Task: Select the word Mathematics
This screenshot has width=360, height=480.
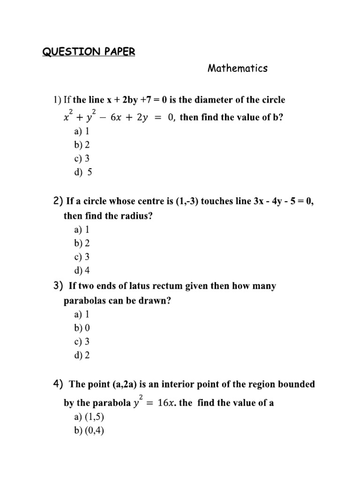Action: [x=238, y=68]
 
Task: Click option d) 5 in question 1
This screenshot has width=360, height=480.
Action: [x=83, y=172]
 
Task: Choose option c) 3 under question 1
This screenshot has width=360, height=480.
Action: [x=82, y=158]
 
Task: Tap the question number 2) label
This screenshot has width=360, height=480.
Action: [x=58, y=202]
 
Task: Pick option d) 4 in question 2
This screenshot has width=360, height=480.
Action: [x=82, y=270]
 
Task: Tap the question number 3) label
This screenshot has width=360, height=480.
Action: [x=58, y=286]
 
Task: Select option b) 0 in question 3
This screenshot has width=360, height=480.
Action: [x=82, y=328]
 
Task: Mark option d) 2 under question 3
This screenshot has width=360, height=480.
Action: [x=82, y=355]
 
